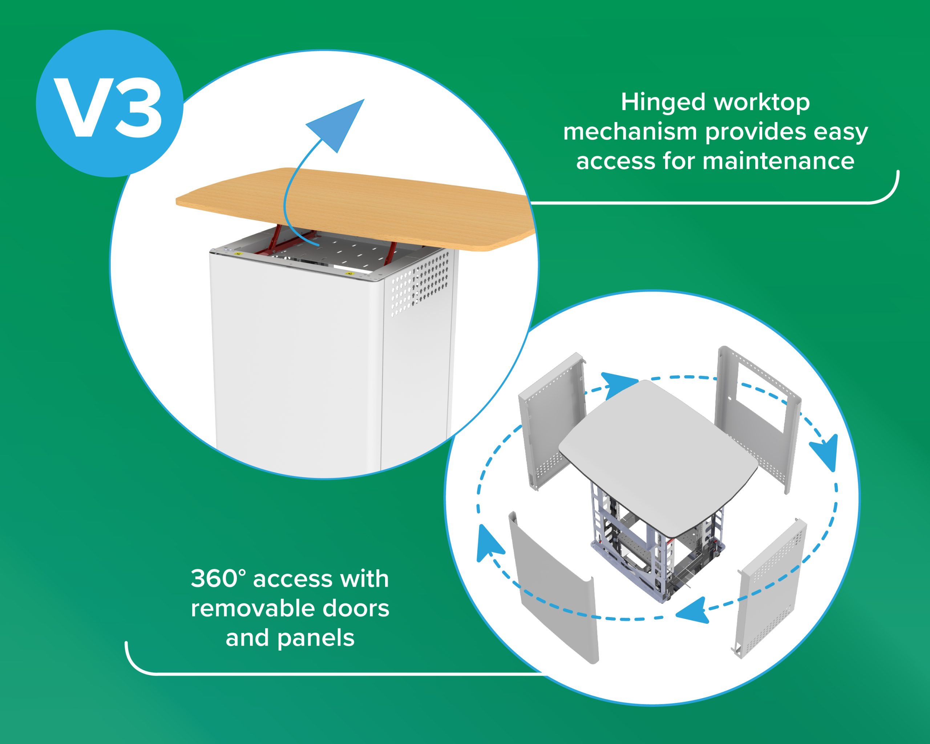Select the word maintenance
click(778, 161)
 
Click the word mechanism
click(630, 132)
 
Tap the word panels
click(316, 638)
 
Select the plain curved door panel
click(554, 587)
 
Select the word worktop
click(762, 103)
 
